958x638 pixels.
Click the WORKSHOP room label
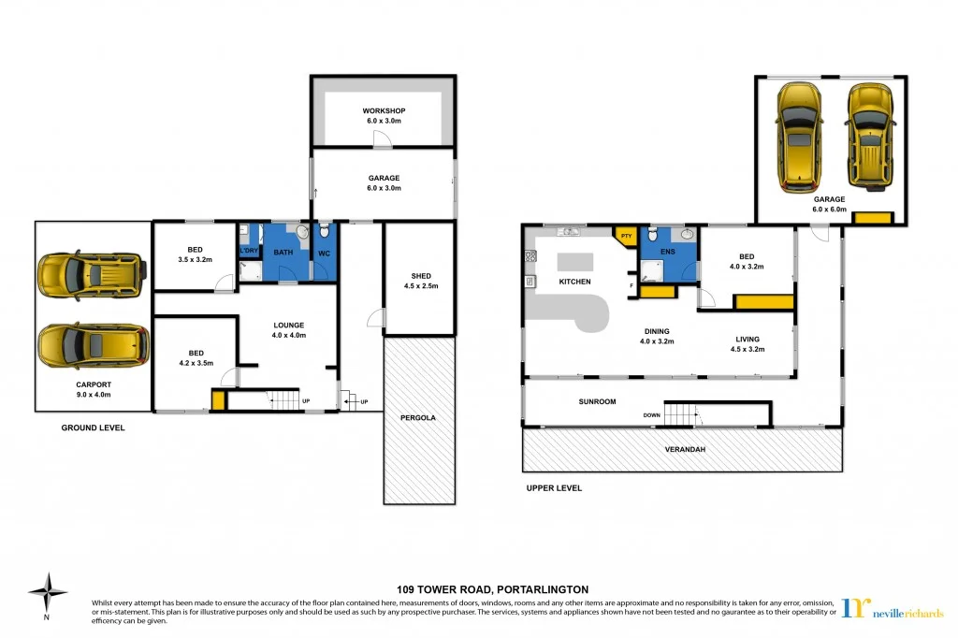(384, 111)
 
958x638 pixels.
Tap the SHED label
(421, 275)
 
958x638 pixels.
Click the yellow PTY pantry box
(626, 237)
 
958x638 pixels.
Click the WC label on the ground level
(324, 253)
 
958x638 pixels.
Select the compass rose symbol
(47, 591)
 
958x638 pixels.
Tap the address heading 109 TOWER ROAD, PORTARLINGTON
(478, 589)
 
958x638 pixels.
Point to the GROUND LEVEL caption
(93, 428)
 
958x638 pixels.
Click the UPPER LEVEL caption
(553, 487)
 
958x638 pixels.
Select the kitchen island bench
(576, 262)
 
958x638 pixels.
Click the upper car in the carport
(91, 274)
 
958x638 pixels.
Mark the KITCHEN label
(574, 282)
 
